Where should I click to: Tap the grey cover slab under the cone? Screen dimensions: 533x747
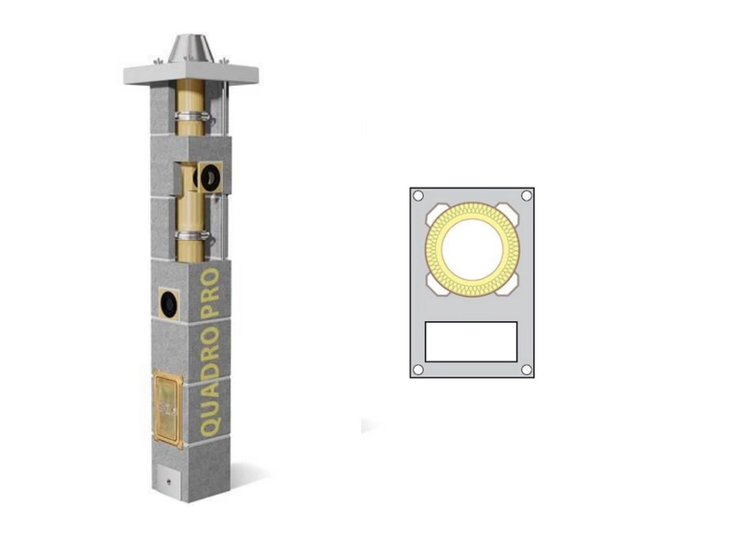(x=190, y=73)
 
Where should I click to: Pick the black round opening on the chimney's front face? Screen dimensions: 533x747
(x=169, y=302)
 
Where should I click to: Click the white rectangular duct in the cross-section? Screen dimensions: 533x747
(x=471, y=342)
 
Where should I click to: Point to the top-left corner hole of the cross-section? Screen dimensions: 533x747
(x=418, y=196)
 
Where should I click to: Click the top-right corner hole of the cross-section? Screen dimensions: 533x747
(x=526, y=196)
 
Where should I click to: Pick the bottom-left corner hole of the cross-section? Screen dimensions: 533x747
(x=418, y=369)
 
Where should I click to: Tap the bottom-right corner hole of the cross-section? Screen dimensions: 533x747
(x=526, y=369)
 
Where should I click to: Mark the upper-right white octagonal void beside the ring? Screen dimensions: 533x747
(x=507, y=215)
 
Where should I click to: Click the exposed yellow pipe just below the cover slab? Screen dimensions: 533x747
(x=190, y=98)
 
